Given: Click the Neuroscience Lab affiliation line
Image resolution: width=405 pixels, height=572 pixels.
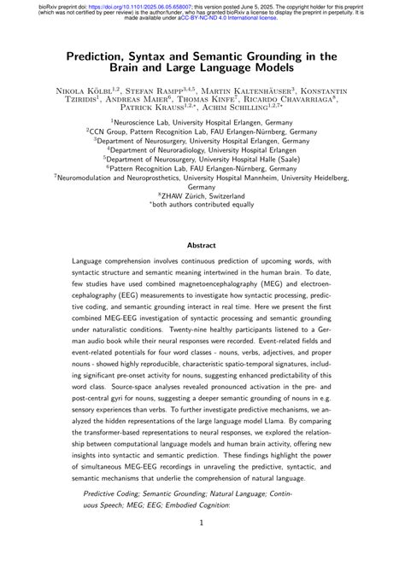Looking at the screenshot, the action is pos(202,123).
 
